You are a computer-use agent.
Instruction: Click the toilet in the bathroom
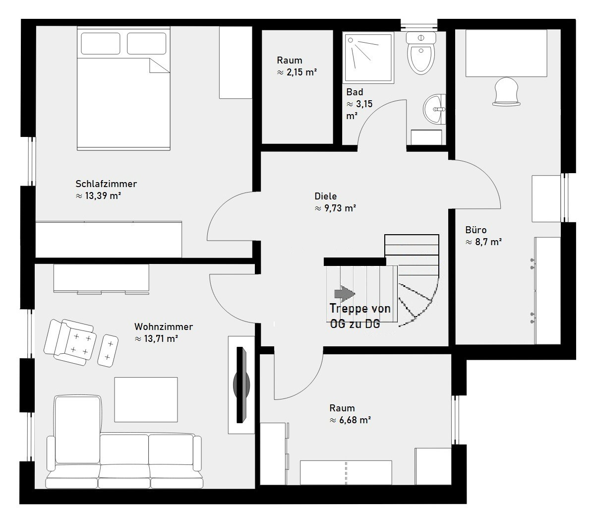point(421,53)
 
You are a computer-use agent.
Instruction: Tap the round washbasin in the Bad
point(434,109)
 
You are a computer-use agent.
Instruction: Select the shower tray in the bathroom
point(368,58)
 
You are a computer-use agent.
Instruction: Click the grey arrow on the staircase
point(345,293)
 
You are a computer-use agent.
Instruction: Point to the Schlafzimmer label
point(106,184)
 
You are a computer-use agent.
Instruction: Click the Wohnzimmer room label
point(164,326)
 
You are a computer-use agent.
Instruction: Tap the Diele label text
point(325,196)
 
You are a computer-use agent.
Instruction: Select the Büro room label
point(476,230)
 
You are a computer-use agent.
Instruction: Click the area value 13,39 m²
point(99,196)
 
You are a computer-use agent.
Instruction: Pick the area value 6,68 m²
point(350,420)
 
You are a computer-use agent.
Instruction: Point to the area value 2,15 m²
point(297,72)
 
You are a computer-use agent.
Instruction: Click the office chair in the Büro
point(507,91)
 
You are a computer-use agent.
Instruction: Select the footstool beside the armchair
point(108,351)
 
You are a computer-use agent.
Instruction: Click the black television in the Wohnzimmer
point(241,385)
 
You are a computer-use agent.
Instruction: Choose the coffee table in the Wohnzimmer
point(146,399)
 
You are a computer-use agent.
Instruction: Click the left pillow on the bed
point(100,43)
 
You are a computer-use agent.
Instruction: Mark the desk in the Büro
point(506,54)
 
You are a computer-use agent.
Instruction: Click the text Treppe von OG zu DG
point(360,316)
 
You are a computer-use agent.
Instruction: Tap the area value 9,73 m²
point(335,208)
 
